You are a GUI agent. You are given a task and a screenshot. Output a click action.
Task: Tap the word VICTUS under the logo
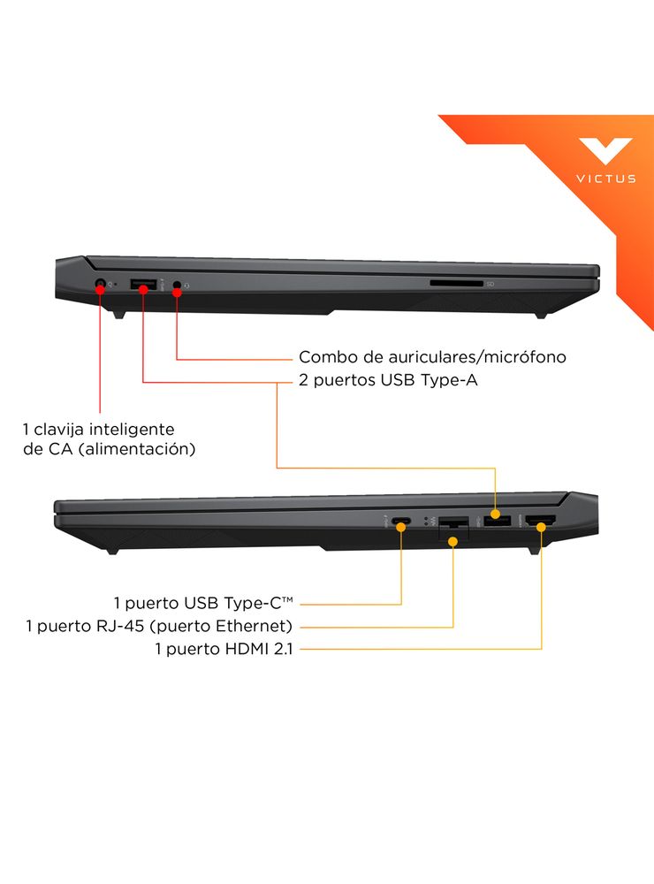606,179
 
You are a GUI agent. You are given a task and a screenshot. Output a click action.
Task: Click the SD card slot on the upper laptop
457,283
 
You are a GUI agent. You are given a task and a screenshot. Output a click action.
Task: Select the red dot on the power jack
100,289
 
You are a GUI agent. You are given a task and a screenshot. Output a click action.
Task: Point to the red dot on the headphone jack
177,292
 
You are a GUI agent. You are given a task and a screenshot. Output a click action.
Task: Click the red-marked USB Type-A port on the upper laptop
143,284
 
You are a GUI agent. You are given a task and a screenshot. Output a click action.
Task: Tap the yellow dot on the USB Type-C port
401,527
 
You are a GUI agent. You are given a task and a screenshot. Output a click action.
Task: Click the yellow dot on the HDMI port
541,527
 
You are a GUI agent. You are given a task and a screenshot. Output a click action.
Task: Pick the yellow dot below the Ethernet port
452,542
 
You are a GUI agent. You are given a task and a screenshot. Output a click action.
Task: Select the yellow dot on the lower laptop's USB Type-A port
495,514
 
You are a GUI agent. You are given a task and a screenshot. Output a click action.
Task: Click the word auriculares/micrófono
477,357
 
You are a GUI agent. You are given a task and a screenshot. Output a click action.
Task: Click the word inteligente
132,430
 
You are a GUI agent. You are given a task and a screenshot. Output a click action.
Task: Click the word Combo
321,357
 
